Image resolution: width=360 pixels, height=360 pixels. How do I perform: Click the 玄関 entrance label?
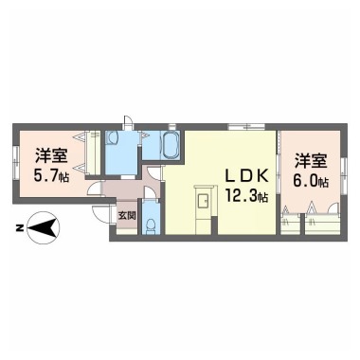click(127, 214)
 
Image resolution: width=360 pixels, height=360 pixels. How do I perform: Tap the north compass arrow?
click(42, 227)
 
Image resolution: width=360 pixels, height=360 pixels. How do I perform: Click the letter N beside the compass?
click(18, 227)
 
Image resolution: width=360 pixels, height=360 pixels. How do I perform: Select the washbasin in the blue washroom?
click(113, 138)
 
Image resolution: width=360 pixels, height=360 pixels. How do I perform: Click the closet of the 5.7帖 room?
click(93, 156)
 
